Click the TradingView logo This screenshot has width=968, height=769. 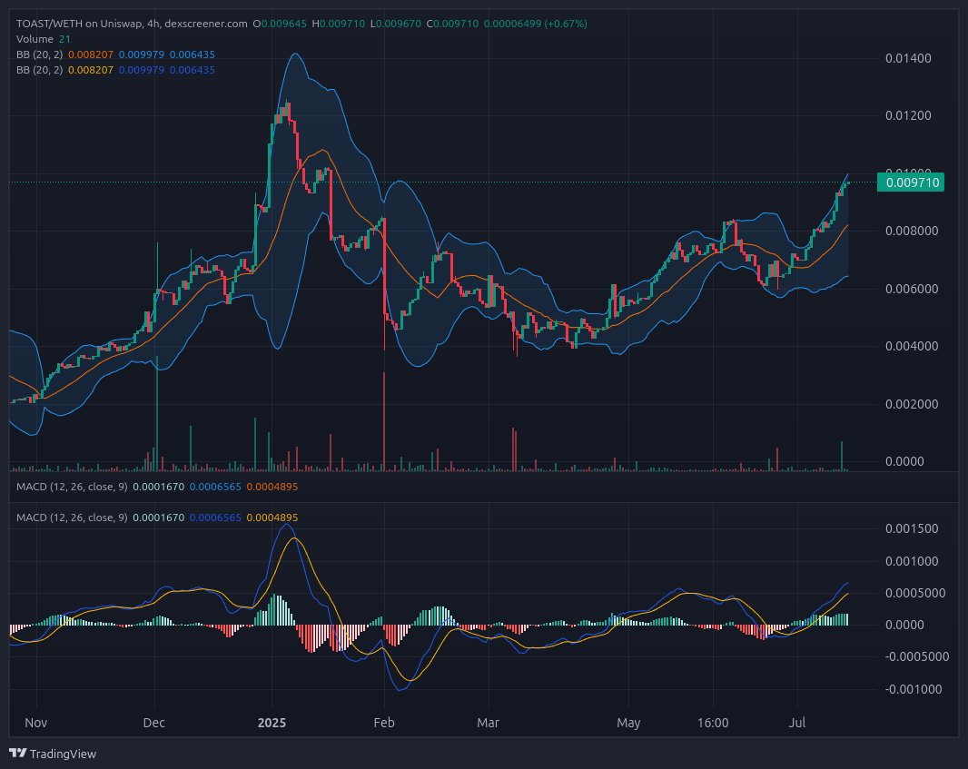pos(53,754)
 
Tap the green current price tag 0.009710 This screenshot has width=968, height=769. pos(911,183)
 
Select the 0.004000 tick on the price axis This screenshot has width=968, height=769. pos(909,346)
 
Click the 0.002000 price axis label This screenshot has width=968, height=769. pos(909,403)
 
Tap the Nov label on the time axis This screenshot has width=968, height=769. pos(36,724)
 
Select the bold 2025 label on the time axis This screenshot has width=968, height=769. pos(272,724)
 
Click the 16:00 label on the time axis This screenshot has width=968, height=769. pos(714,724)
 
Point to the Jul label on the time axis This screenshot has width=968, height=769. pos(797,724)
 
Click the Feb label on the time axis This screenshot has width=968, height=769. pos(384,724)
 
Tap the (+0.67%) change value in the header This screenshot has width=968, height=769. pos(566,22)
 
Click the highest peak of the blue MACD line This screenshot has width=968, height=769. pos(287,524)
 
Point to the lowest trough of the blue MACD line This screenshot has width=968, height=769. pos(400,689)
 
